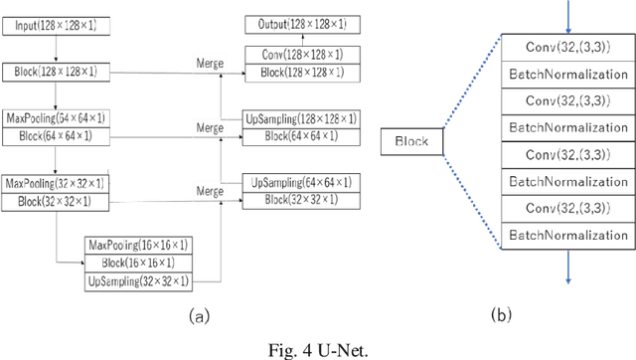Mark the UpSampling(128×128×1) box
click(x=298, y=119)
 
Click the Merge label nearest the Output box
click(x=210, y=64)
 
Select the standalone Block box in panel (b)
click(x=411, y=142)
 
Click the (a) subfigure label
click(x=199, y=317)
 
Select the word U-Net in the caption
click(x=334, y=348)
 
